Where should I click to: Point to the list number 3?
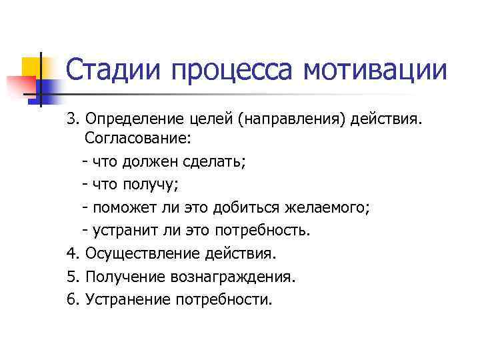[x=71, y=119]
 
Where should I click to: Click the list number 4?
[x=71, y=253]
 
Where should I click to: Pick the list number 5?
[x=71, y=276]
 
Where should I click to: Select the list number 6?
[x=71, y=299]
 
